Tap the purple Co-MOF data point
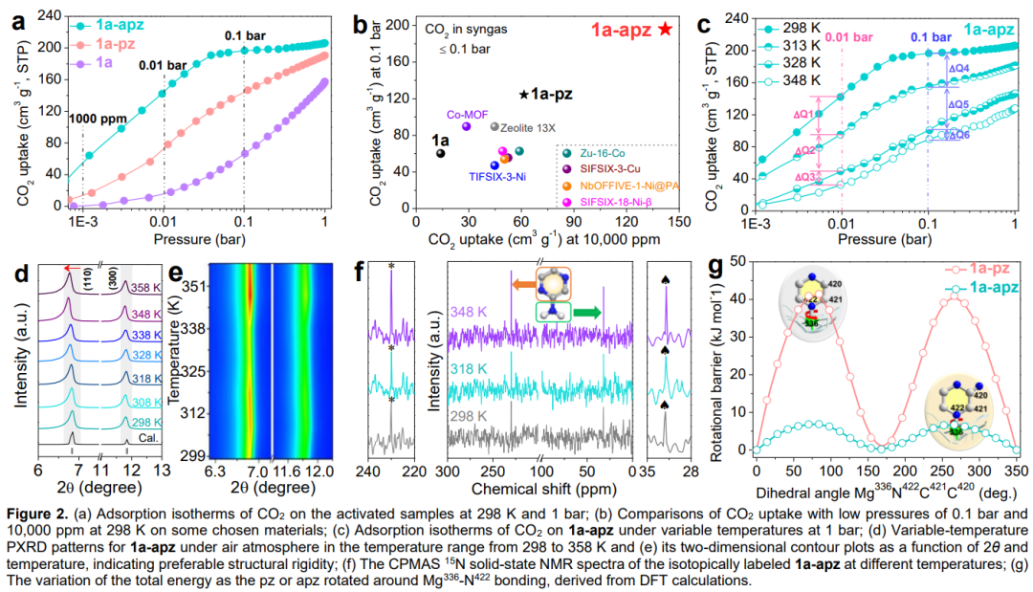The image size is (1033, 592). pos(467,126)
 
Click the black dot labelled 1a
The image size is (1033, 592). pos(440,153)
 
